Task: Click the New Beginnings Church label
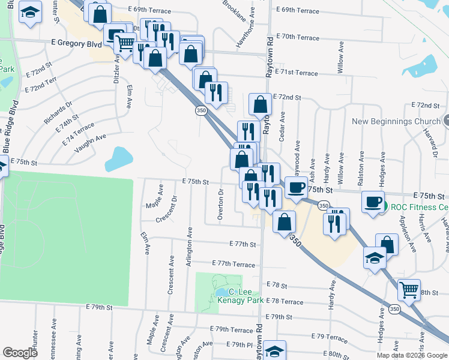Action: [396, 121]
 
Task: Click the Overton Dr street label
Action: [221, 204]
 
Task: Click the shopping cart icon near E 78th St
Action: [409, 290]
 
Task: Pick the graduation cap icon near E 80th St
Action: [274, 350]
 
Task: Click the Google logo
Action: [20, 353]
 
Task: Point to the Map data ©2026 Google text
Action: [412, 355]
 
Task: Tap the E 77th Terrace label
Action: [234, 264]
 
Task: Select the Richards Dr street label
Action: [58, 112]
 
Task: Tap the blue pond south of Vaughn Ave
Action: [118, 160]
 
